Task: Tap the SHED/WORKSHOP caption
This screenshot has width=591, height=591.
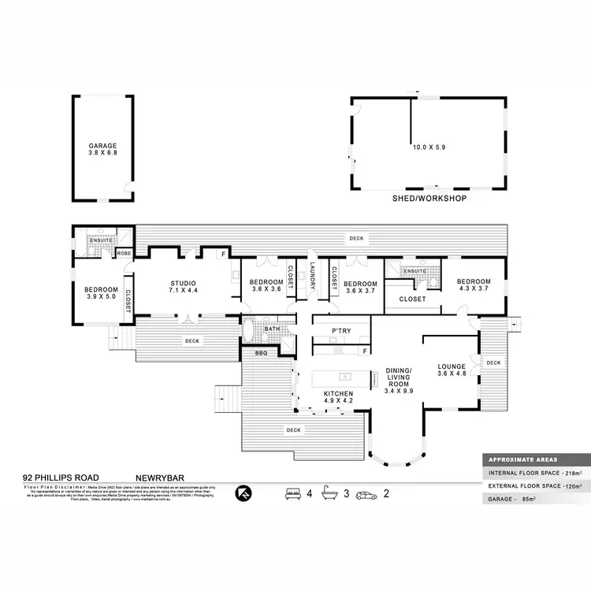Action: click(429, 199)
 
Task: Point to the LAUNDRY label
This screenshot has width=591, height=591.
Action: click(313, 276)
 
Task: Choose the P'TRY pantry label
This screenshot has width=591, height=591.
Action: click(341, 331)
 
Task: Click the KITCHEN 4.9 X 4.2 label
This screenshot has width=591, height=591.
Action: click(337, 396)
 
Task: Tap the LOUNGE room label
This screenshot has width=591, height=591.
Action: click(452, 370)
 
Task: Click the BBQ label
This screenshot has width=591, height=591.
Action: click(261, 354)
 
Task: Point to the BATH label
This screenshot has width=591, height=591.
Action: click(272, 329)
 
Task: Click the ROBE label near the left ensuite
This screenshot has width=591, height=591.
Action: click(124, 254)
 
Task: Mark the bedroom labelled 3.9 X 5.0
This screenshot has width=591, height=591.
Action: click(101, 293)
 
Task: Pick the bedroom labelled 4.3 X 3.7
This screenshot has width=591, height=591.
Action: click(474, 286)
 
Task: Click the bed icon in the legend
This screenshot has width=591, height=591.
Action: click(292, 494)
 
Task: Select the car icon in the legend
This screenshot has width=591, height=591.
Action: click(366, 495)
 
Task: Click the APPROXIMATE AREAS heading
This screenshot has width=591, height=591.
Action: click(522, 459)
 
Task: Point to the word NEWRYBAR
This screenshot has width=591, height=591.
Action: click(160, 478)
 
